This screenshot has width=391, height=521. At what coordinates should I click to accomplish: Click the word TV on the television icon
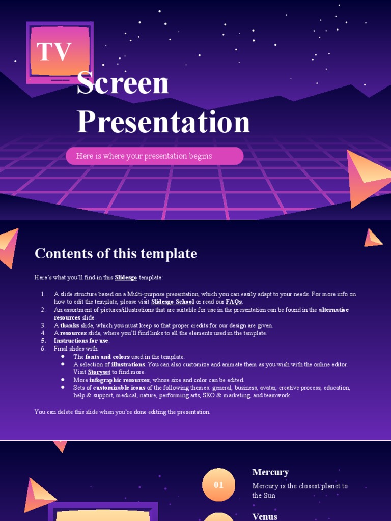54,52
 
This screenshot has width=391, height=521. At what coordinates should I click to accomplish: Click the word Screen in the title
123,84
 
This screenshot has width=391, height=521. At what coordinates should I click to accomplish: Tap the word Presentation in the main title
163,122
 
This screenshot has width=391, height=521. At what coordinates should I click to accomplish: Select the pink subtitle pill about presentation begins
154,156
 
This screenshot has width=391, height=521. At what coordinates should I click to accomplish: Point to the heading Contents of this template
116,253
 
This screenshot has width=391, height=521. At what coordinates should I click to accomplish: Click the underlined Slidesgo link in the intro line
126,278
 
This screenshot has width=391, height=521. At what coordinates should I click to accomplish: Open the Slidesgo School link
173,302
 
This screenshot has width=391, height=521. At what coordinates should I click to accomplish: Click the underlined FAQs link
234,302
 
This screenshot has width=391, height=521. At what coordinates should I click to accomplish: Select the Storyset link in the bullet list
99,372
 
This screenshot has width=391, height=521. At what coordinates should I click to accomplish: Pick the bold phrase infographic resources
119,380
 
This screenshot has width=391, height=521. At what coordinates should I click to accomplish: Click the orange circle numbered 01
219,485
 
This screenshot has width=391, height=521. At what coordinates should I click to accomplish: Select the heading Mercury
270,472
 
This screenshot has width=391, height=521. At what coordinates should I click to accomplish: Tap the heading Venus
265,516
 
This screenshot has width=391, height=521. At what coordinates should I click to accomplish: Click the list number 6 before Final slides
43,349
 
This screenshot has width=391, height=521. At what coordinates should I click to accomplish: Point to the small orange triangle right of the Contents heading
373,238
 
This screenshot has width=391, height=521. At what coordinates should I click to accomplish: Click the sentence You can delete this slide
122,412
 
